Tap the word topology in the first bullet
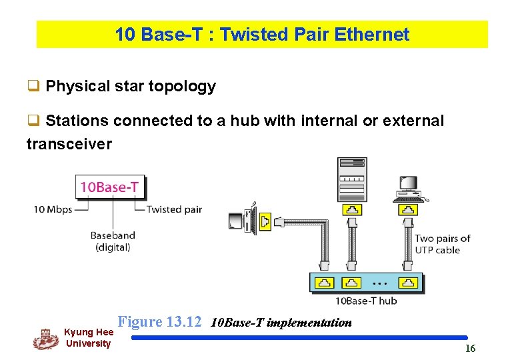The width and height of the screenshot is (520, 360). (183, 86)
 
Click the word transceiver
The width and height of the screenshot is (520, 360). (69, 144)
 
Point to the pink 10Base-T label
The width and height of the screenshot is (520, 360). (109, 187)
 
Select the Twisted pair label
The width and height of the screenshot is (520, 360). (174, 209)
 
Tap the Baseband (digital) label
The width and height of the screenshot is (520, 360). (113, 241)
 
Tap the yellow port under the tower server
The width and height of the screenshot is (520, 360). (351, 210)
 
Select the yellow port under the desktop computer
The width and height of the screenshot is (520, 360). (407, 210)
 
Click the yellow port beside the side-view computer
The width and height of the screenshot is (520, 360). (265, 221)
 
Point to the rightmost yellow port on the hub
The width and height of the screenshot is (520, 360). (407, 283)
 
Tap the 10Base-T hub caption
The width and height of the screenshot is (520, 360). (366, 301)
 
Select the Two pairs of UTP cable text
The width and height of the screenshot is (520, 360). (442, 244)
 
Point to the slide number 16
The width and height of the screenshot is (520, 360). (470, 349)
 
